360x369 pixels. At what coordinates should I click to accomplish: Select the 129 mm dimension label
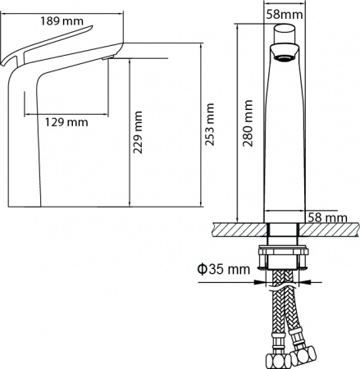click(66, 123)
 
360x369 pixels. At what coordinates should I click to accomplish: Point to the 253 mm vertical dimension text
click(210, 122)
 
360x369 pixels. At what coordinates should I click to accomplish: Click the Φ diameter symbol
click(200, 269)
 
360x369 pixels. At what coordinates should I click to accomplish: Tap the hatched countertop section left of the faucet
click(239, 230)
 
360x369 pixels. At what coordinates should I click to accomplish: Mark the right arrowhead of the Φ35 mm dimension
click(303, 280)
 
